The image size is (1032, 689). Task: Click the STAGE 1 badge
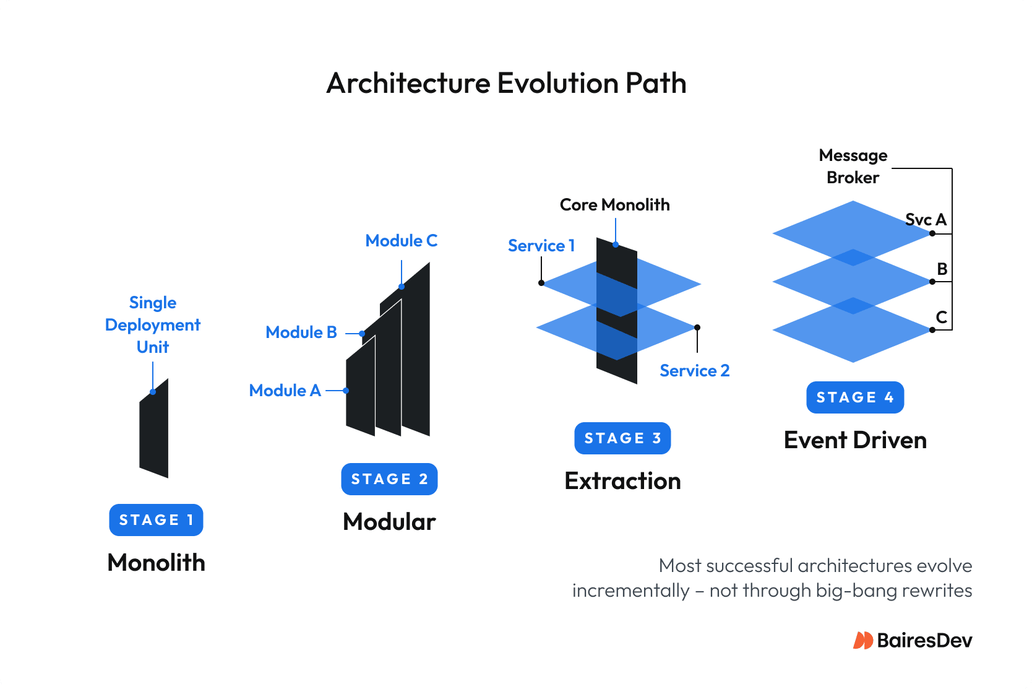pos(156,520)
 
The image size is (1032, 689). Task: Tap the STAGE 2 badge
pos(389,479)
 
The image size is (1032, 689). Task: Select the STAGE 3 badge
pos(622,438)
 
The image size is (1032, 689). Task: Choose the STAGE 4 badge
pos(855,397)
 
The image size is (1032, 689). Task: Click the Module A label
pos(285,391)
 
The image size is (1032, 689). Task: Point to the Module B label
pos(301,332)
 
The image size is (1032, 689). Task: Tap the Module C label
pos(401,241)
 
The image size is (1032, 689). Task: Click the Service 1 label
pos(541,246)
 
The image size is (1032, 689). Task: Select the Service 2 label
pos(694,371)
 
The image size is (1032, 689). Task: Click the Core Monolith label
pos(614,205)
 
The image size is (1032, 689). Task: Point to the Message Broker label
pos(853,167)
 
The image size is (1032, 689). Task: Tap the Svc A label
pos(926,220)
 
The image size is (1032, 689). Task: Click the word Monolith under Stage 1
pos(156,563)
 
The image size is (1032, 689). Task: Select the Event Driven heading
pos(855,440)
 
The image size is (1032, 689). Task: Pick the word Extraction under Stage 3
pos(622,481)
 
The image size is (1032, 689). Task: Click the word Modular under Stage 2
pos(389,522)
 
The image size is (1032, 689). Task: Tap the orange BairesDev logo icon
pos(862,640)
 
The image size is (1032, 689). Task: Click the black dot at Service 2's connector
pos(697,327)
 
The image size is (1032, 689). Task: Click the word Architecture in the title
pos(408,84)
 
